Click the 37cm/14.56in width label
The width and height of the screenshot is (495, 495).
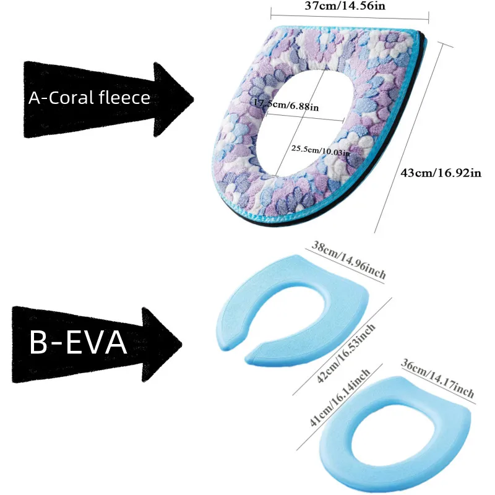[x=345, y=6]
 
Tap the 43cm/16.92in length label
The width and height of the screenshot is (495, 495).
[x=441, y=173]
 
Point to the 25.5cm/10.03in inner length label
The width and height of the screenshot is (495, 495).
[x=321, y=150]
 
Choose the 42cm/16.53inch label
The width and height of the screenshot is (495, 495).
[x=346, y=353]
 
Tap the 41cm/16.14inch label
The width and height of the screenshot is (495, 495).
[x=340, y=397]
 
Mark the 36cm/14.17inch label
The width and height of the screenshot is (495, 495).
[x=437, y=378]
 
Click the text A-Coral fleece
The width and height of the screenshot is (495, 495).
[x=89, y=98]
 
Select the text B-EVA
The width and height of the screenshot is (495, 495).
[x=78, y=342]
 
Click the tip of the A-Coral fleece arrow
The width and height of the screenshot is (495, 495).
[x=194, y=99]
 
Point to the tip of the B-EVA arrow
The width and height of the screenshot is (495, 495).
[x=182, y=345]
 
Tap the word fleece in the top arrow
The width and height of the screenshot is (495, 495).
[x=125, y=98]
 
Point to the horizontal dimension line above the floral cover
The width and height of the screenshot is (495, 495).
[x=350, y=17]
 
